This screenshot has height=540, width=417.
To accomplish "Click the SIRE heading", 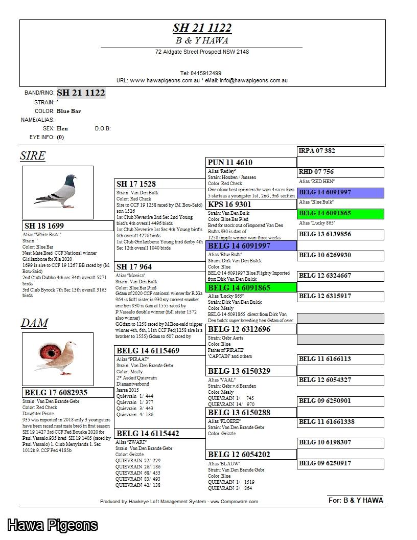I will (x=33, y=156).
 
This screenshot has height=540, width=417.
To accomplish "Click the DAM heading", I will (x=34, y=323).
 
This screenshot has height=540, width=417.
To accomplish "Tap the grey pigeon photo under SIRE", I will (x=58, y=191).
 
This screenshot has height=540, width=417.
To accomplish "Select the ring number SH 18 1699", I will (x=44, y=226).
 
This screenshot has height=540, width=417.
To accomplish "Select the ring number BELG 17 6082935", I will (x=56, y=393).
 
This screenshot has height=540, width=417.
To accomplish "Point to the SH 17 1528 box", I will (x=136, y=184).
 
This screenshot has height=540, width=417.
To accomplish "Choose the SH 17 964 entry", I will (x=134, y=267).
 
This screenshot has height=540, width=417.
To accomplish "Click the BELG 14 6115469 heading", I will (x=148, y=351).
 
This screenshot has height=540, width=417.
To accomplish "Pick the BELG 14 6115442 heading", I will (x=148, y=434).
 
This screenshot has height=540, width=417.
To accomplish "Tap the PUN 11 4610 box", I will (x=229, y=163).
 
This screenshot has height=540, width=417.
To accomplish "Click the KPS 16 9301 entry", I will (x=229, y=205).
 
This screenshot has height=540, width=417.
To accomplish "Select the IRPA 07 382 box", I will (x=317, y=151).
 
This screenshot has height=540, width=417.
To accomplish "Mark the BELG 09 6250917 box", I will (x=325, y=463).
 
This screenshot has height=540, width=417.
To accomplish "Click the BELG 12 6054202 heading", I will (x=239, y=455).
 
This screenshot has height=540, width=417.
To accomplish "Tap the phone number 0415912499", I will (x=200, y=73).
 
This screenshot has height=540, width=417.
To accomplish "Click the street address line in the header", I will (x=202, y=52).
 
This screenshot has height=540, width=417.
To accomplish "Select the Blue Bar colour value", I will (x=68, y=111).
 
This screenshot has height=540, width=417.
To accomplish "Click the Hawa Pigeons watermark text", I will (x=52, y=525).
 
